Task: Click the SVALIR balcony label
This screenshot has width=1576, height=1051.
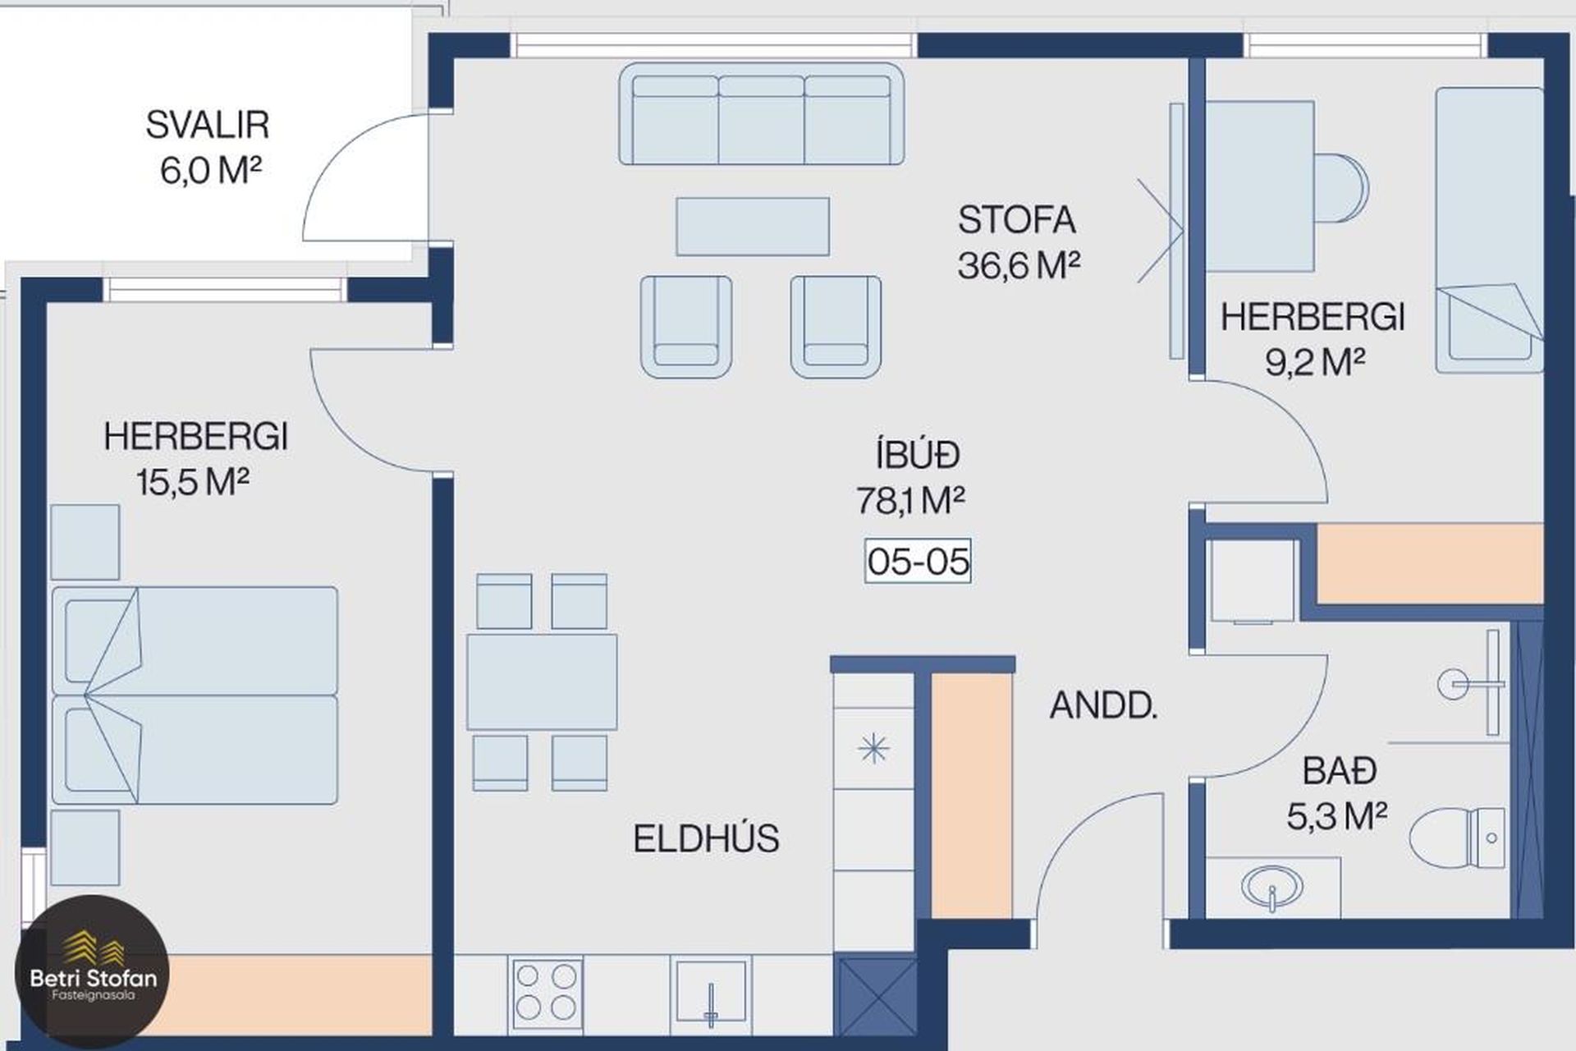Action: pyautogui.click(x=208, y=125)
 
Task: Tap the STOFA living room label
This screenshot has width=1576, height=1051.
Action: pyautogui.click(x=1016, y=220)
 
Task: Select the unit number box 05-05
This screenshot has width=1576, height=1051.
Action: pyautogui.click(x=918, y=562)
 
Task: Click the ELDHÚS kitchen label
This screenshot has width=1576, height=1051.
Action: pyautogui.click(x=706, y=838)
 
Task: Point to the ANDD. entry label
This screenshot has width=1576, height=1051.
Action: pyautogui.click(x=1103, y=706)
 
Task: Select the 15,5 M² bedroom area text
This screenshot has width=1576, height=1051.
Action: pyautogui.click(x=193, y=482)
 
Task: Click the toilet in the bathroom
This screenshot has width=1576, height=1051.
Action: pyautogui.click(x=1457, y=838)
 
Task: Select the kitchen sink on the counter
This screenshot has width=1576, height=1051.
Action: pyautogui.click(x=711, y=993)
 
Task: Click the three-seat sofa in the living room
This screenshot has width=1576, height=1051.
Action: pyautogui.click(x=761, y=113)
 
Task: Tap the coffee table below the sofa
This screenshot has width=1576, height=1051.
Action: pyautogui.click(x=753, y=226)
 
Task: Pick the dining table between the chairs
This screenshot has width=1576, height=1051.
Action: pyautogui.click(x=542, y=682)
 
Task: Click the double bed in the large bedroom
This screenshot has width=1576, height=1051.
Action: pyautogui.click(x=195, y=695)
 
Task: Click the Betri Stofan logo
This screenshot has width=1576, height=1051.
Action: pyautogui.click(x=92, y=972)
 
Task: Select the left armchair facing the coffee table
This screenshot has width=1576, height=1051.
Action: pyautogui.click(x=686, y=326)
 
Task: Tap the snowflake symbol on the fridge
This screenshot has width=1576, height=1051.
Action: pyautogui.click(x=873, y=748)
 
